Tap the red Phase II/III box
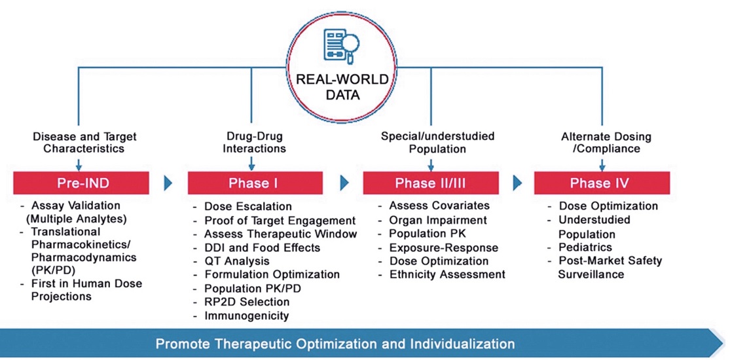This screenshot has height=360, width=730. [431, 183]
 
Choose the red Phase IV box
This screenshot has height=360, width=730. [602, 183]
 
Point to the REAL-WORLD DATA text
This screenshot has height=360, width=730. [342, 87]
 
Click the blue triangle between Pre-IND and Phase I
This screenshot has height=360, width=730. [168, 183]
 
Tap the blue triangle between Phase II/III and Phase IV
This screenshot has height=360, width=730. [517, 183]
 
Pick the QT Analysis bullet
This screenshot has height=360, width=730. [231, 261]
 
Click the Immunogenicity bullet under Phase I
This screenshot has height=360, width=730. [241, 315]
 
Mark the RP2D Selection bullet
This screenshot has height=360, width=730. [242, 302]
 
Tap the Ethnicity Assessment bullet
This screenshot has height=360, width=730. [442, 274]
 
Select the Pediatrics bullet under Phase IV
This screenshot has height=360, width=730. [580, 247]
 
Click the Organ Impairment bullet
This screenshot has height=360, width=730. [433, 220]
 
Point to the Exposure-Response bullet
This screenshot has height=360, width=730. [438, 247]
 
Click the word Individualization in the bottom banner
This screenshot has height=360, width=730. [462, 344]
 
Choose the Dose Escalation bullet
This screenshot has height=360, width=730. [242, 206]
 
